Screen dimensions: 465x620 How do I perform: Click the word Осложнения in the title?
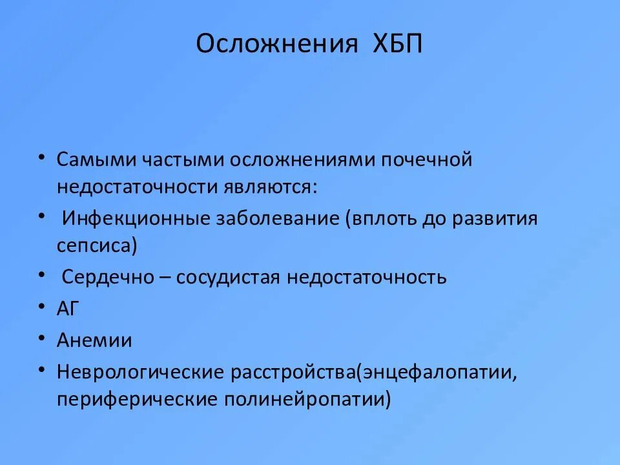tap(276, 45)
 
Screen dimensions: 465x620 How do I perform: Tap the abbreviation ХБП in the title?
tap(397, 45)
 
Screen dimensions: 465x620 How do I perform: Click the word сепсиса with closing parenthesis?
tap(97, 245)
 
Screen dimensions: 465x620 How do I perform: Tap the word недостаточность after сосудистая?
tap(366, 278)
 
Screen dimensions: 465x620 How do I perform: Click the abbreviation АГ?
tap(67, 309)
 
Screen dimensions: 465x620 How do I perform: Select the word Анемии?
tap(94, 340)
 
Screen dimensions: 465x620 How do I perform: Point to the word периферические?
tap(136, 400)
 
